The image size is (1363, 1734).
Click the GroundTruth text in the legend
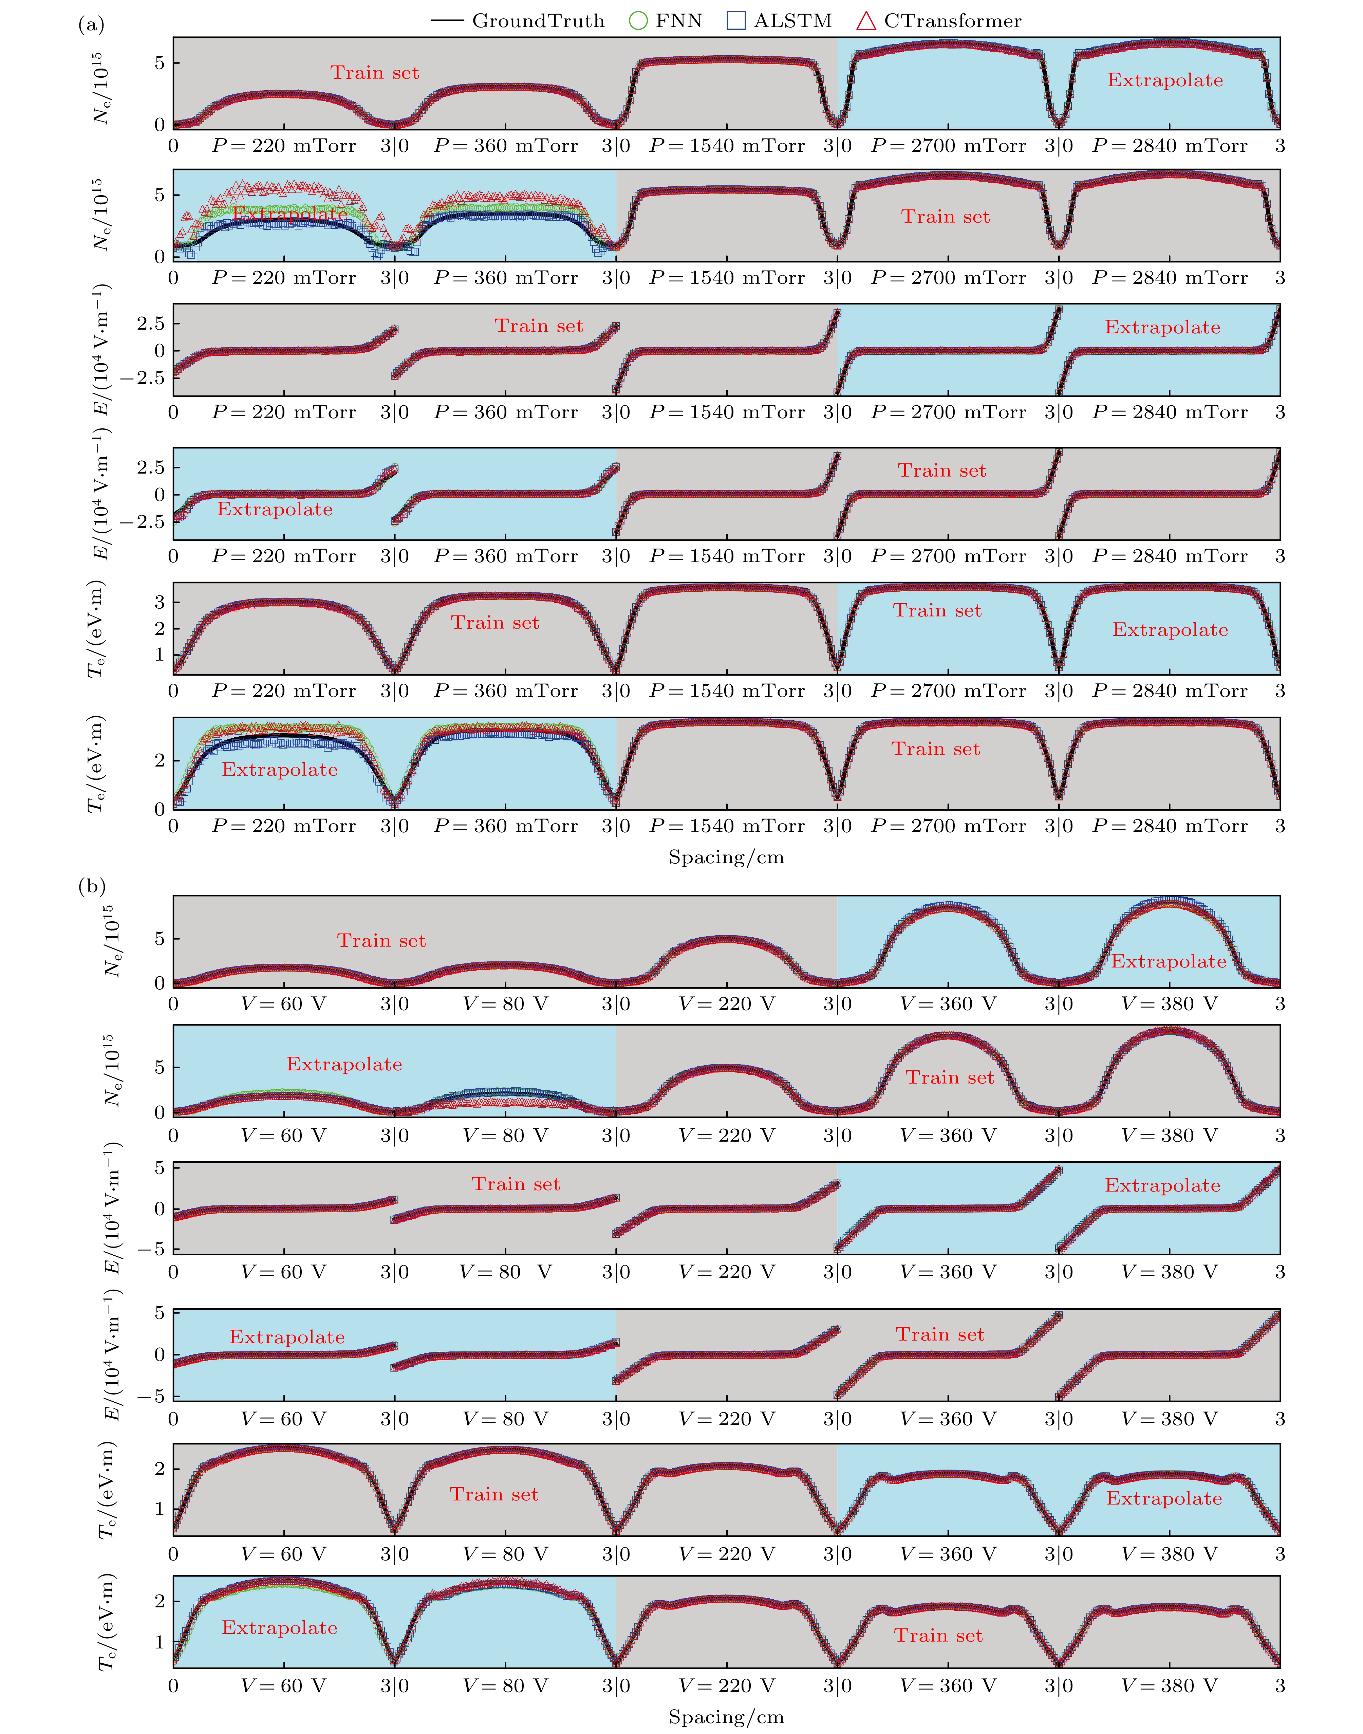coord(538,21)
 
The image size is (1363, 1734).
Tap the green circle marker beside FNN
coord(638,21)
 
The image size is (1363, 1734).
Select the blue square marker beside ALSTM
coord(736,21)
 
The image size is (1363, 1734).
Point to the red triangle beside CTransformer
coord(866,21)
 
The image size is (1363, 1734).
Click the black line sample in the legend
coord(447,21)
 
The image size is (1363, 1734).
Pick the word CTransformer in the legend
coord(952,21)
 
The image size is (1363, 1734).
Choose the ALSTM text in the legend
coord(792,21)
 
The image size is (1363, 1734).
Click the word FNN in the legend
coord(678,21)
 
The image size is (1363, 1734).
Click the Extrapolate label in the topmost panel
coord(1165,80)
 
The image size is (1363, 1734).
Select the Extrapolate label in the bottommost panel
coord(279,1628)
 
